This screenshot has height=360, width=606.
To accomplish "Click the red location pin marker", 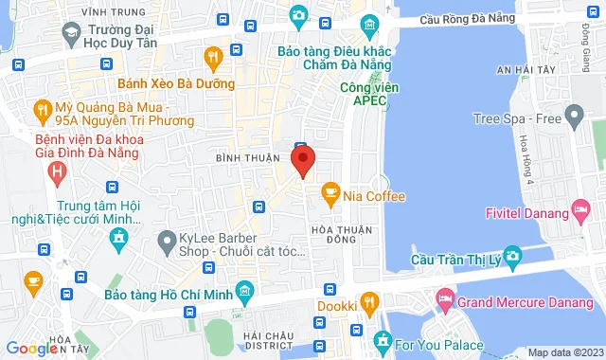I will [x=303, y=161].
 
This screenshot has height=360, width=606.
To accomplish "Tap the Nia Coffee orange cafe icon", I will [x=330, y=195].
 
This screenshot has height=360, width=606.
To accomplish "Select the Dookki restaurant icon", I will [x=371, y=304].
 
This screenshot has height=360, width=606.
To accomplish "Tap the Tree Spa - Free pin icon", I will [x=572, y=117].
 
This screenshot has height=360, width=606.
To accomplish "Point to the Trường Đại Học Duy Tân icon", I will [x=69, y=32].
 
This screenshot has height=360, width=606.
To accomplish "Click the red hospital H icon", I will [x=59, y=172].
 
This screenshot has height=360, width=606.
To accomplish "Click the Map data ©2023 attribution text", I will [x=564, y=352].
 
